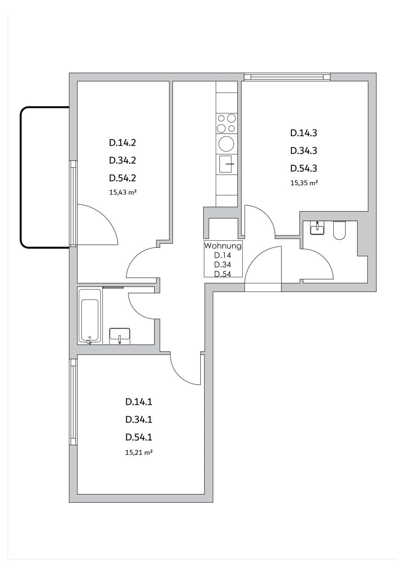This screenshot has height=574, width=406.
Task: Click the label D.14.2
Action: [x=123, y=143]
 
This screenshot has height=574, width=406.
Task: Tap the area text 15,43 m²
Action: [x=123, y=192]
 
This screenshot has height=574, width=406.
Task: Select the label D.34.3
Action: [x=304, y=151]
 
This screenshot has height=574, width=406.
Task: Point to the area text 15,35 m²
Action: [x=304, y=183]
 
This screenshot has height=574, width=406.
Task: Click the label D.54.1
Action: [x=139, y=437]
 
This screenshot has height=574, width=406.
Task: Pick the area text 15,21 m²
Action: [x=139, y=453]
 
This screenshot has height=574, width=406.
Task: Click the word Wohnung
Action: [x=223, y=246]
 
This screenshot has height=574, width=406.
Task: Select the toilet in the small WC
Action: [x=340, y=230]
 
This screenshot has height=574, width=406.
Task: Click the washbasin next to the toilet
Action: [x=317, y=228]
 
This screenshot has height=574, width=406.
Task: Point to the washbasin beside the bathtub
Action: [x=120, y=336]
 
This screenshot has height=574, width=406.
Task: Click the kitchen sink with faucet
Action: [x=226, y=164]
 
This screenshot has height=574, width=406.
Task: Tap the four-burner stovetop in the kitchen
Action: [x=226, y=123]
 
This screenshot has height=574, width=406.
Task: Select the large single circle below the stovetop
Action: [x=226, y=144]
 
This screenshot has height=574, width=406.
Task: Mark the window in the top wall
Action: [x=287, y=77]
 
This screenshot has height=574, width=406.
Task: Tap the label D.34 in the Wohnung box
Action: [x=223, y=264]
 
